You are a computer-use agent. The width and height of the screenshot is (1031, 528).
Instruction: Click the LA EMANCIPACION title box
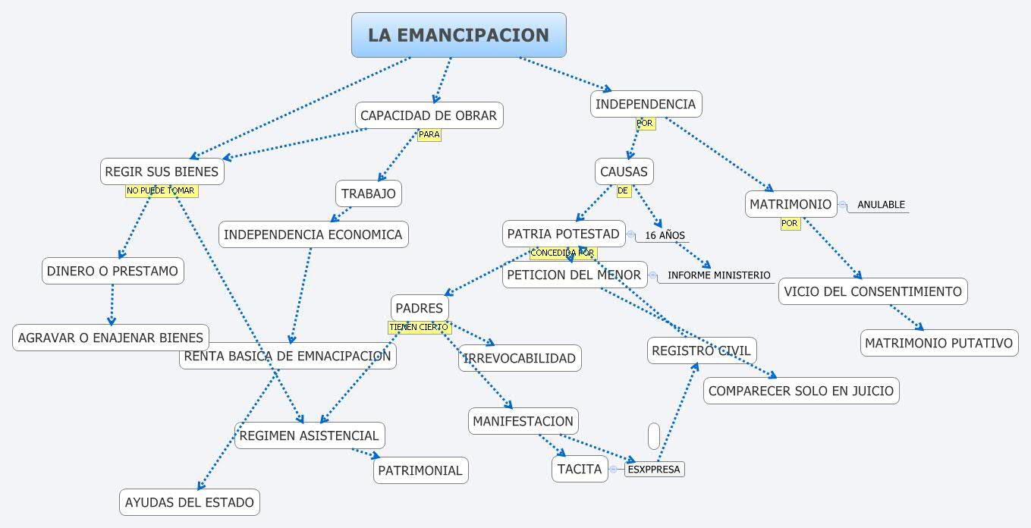coord(458,35)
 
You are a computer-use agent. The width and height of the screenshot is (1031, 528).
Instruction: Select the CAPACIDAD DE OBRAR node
coord(429,115)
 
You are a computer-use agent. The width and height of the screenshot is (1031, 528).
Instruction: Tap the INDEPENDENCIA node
coord(646,104)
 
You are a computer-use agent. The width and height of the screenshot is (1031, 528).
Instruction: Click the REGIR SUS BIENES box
coord(162,171)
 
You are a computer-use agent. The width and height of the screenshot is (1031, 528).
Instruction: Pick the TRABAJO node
coord(369,193)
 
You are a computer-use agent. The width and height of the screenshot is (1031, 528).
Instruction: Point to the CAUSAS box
coord(624,171)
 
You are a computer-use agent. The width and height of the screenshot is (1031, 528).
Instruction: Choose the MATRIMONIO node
coord(791,204)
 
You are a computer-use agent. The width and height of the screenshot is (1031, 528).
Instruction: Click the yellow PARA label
coord(429,135)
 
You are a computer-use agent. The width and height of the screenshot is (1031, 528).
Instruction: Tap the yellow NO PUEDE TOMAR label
coord(161,191)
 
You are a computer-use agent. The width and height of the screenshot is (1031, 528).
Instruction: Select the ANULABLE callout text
coord(881,205)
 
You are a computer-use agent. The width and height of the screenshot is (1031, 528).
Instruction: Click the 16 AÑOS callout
coord(665,235)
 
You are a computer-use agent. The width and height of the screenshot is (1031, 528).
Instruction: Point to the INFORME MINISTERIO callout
coord(718,275)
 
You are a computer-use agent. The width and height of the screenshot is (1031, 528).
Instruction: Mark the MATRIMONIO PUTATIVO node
coord(938,343)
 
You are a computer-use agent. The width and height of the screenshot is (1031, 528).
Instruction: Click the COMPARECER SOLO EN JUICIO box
coord(801,391)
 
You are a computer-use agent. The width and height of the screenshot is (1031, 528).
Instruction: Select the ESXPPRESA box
coord(654,470)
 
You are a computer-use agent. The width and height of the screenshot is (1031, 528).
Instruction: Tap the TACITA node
coord(580,469)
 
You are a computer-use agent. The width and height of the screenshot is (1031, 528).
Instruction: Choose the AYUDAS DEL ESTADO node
coord(190,502)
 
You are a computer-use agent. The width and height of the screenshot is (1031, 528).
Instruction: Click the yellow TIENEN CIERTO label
coord(419,327)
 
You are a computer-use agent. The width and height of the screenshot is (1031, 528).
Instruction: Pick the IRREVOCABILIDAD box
coord(520,358)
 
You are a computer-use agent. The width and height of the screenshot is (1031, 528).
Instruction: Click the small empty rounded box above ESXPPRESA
coord(654,436)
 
